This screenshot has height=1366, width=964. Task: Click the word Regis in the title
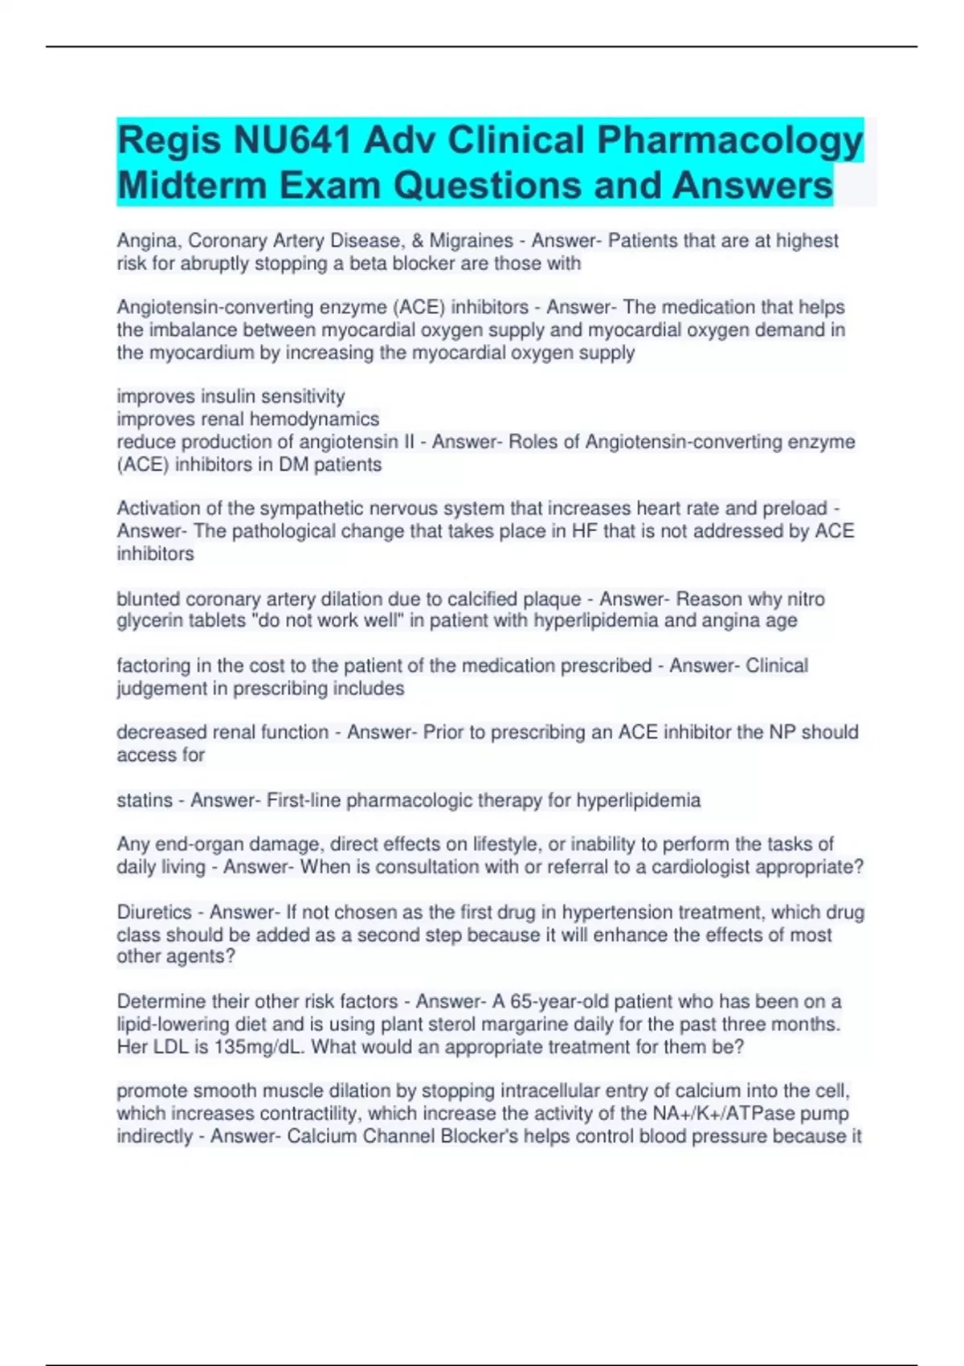click(x=169, y=141)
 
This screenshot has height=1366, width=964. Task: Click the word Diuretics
click(x=154, y=912)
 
